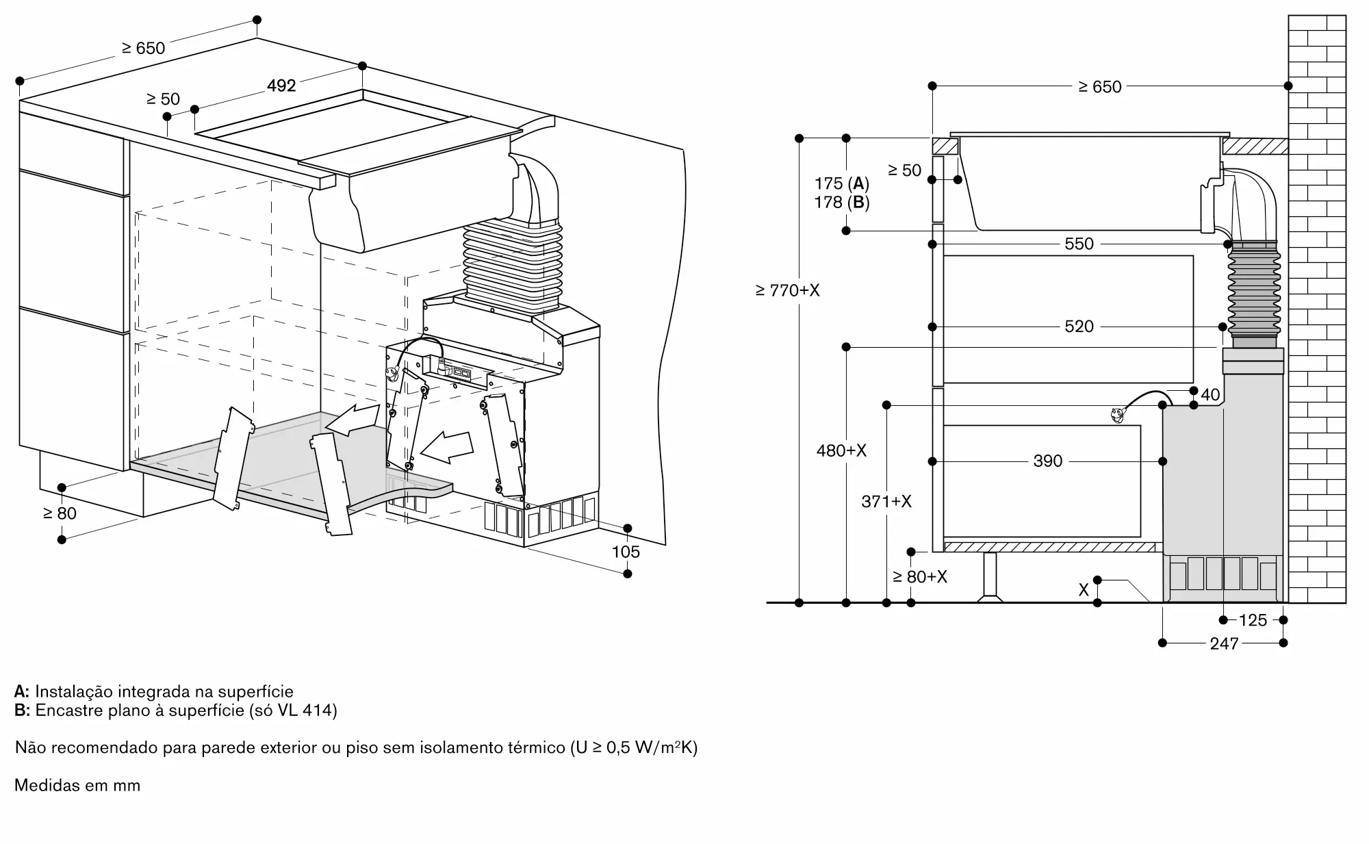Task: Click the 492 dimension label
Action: click(x=281, y=86)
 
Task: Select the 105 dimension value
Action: click(x=626, y=552)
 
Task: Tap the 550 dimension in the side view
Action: click(x=1079, y=244)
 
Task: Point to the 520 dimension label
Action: click(x=1079, y=327)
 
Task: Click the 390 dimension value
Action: click(x=1048, y=461)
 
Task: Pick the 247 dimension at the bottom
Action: click(x=1224, y=643)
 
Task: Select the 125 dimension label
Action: click(x=1253, y=620)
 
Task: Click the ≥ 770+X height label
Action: click(x=787, y=290)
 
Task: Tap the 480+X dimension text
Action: click(x=841, y=450)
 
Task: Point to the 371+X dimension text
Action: click(x=886, y=502)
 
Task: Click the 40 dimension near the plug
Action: click(x=1210, y=394)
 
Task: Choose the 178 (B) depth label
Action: click(x=842, y=203)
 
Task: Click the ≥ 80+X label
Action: click(x=920, y=577)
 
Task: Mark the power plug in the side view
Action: click(x=1117, y=413)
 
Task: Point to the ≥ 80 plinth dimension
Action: click(x=60, y=513)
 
